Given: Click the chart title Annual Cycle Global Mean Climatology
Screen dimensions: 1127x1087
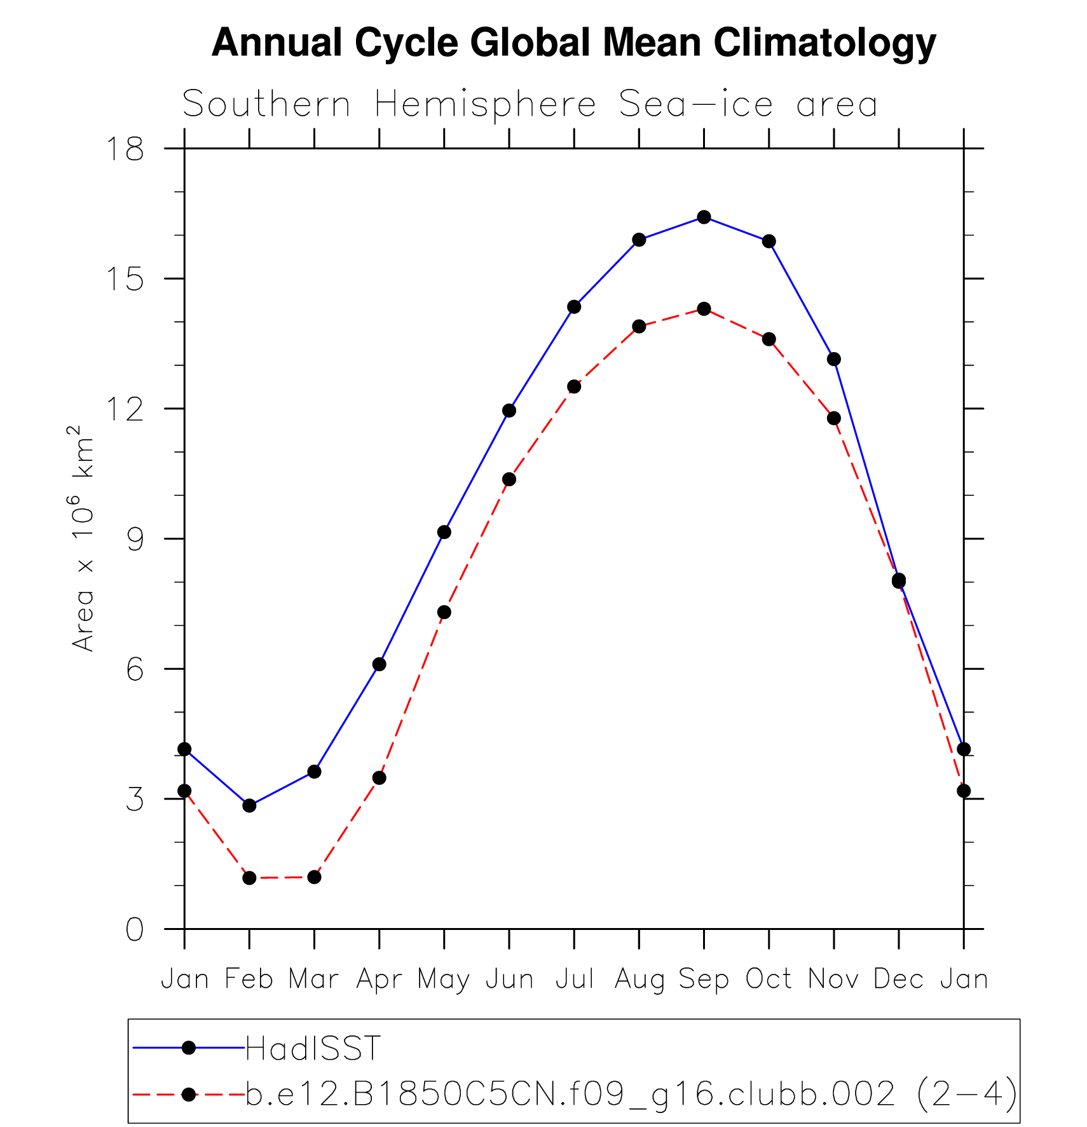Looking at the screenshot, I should click(573, 43).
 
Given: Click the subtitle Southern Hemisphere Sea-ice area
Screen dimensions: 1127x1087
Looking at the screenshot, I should click(530, 104).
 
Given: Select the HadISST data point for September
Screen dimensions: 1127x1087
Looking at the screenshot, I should click(704, 217).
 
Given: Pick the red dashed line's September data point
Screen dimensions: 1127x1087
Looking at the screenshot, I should click(704, 309).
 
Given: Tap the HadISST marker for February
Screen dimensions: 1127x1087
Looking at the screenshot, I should click(249, 805).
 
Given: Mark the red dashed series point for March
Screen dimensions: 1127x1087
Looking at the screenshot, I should click(314, 877).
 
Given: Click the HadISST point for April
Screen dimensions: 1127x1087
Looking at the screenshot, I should click(379, 664).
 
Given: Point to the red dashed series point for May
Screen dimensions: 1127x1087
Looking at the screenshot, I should click(444, 612).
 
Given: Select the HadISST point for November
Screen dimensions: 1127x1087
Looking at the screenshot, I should click(834, 359).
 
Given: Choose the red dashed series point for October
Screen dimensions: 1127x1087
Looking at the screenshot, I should click(769, 339).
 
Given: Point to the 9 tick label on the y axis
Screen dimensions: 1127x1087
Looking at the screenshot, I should click(135, 540).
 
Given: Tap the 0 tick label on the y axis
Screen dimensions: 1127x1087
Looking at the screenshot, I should click(135, 930).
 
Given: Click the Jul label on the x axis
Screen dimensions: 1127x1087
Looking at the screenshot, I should click(575, 980).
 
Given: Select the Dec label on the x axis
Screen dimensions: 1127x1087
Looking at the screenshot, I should click(898, 980).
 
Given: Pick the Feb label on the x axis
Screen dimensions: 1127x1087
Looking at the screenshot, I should click(249, 980).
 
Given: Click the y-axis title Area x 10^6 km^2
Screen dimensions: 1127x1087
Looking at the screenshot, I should click(83, 539).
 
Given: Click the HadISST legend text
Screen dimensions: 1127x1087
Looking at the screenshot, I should click(313, 1048).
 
